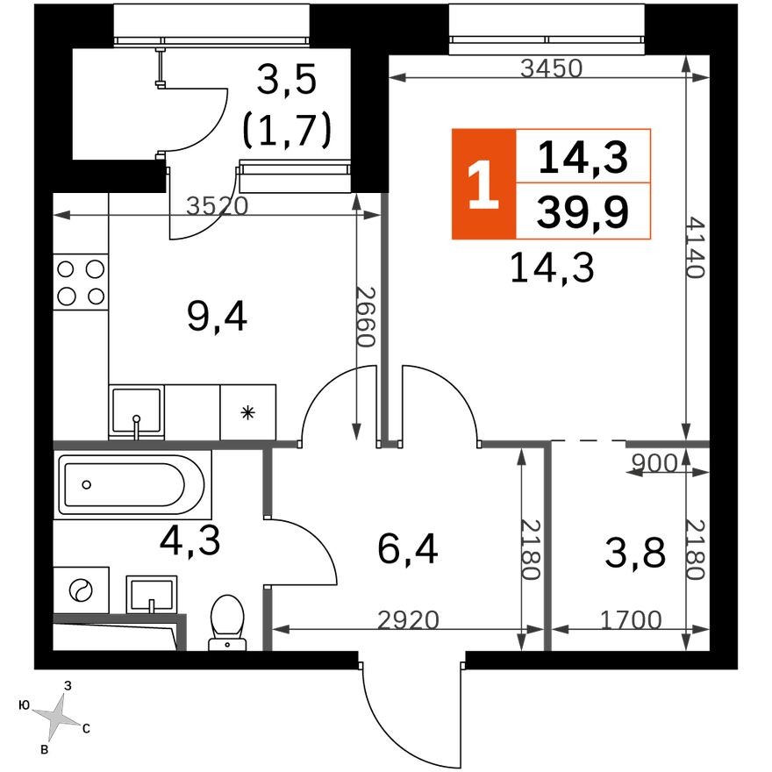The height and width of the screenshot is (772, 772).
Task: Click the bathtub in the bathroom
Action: coord(132,484)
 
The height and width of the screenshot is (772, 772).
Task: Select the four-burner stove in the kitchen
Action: coord(81,282)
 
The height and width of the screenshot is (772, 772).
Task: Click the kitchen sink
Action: coord(136,411)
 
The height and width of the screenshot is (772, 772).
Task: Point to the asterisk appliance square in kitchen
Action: coord(247,411)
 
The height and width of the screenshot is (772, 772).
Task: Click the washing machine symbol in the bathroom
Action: coord(81,590)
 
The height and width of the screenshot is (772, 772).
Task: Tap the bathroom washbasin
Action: coord(151,597)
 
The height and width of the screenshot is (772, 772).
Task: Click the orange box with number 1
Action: coord(482,184)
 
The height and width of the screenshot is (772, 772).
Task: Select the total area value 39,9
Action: coord(583,211)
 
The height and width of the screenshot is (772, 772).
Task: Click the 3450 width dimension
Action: coord(550,69)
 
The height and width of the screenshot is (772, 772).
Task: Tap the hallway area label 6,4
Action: coord(407,550)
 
